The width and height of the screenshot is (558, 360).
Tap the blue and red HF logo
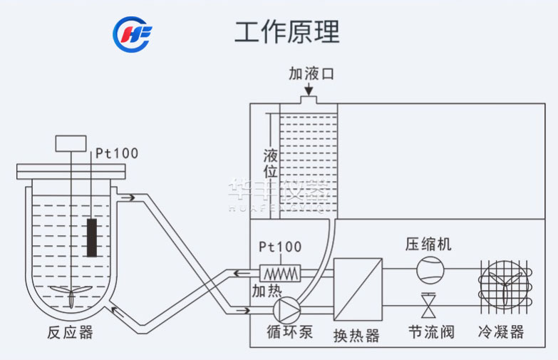132,34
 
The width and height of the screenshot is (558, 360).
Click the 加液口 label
311,73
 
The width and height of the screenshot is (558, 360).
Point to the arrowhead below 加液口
309,91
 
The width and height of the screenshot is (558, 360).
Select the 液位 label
270,163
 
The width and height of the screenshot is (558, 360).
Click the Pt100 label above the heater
279,247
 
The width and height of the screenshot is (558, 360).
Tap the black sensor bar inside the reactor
91,237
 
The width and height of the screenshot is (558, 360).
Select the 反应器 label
69,333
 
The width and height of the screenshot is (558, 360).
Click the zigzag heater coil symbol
281,273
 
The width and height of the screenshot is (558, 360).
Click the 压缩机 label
428,245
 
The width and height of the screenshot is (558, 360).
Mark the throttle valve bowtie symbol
430,307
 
